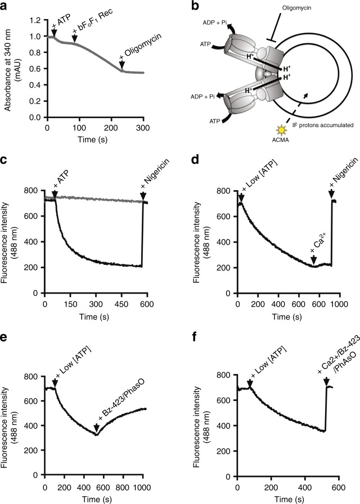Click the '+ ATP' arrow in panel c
tap(55, 194)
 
